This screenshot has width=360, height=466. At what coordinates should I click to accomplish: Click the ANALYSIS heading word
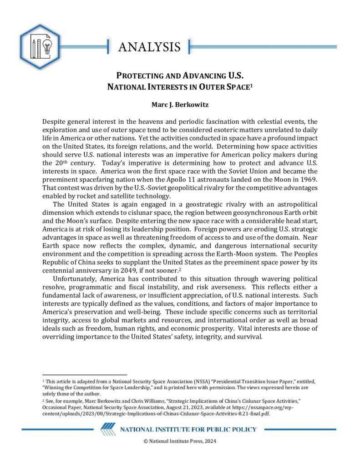pyautogui.click(x=149, y=47)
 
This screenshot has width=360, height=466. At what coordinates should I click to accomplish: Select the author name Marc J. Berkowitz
pyautogui.click(x=180, y=104)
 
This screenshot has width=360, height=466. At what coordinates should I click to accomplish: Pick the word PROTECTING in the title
pyautogui.click(x=139, y=75)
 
